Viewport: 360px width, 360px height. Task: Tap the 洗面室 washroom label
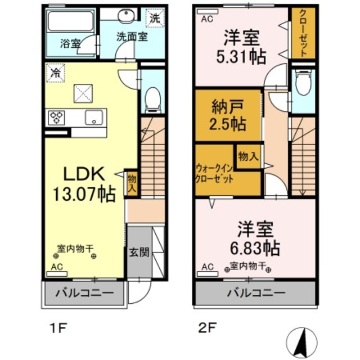pyautogui.click(x=132, y=37)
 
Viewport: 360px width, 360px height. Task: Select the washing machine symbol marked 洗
pyautogui.click(x=155, y=17)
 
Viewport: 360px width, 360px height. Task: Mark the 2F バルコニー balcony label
pyautogui.click(x=256, y=293)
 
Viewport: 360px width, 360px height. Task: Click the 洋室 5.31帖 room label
pyautogui.click(x=241, y=47)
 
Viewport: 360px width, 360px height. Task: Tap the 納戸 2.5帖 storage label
pyautogui.click(x=228, y=115)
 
